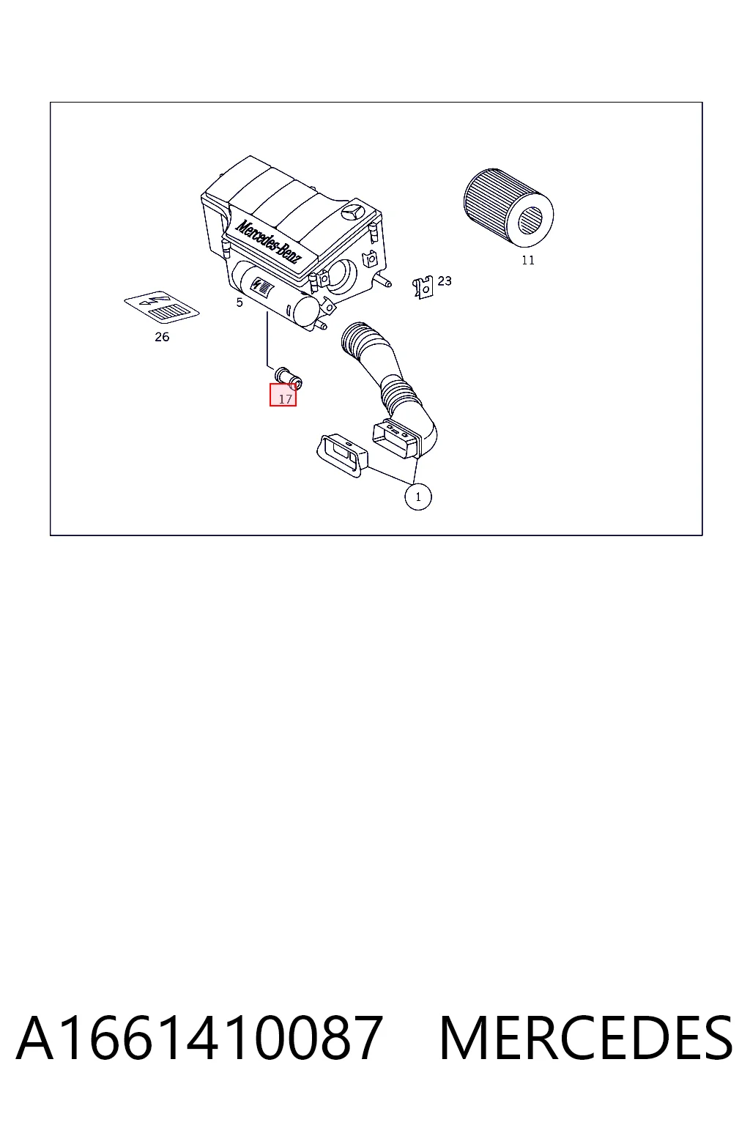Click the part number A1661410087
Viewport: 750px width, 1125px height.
(199, 1038)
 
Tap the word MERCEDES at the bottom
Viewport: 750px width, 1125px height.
(586, 1038)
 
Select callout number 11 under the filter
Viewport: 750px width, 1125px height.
(527, 260)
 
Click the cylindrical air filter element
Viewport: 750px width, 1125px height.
(508, 207)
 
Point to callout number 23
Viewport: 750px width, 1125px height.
(444, 281)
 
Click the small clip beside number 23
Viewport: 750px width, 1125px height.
(423, 287)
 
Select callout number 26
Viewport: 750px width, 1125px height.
(162, 337)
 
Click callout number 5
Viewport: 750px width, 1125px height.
(240, 302)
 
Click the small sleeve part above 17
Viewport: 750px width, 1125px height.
(289, 378)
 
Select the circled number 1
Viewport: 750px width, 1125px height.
(418, 497)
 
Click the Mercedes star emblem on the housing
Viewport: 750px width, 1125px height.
(352, 213)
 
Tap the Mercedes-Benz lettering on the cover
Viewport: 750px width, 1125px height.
(268, 240)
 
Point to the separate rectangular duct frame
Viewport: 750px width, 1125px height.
(342, 456)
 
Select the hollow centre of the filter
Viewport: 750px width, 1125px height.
(530, 220)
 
